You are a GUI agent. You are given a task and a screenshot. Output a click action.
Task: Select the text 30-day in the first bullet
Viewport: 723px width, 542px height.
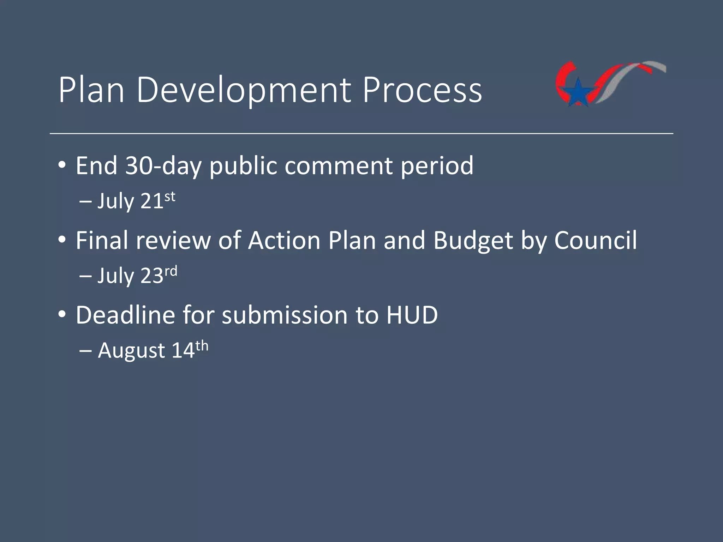tap(163, 165)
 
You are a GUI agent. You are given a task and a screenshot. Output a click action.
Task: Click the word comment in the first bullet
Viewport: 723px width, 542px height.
tap(338, 165)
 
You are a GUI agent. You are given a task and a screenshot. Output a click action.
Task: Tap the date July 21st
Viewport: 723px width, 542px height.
tap(136, 201)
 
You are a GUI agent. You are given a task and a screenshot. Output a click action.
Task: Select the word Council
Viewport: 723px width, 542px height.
tap(595, 240)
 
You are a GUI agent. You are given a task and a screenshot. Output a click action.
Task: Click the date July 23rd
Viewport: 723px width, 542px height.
tap(137, 275)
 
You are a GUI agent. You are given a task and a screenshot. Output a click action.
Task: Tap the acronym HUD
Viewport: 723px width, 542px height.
tap(412, 315)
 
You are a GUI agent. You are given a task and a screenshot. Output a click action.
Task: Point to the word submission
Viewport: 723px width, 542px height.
tap(285, 315)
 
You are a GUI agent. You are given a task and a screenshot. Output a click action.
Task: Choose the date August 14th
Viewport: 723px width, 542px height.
tap(153, 350)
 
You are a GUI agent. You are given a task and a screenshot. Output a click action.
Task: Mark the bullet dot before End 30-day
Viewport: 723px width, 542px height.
tap(62, 165)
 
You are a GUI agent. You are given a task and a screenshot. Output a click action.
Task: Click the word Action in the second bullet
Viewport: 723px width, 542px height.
tap(284, 240)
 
